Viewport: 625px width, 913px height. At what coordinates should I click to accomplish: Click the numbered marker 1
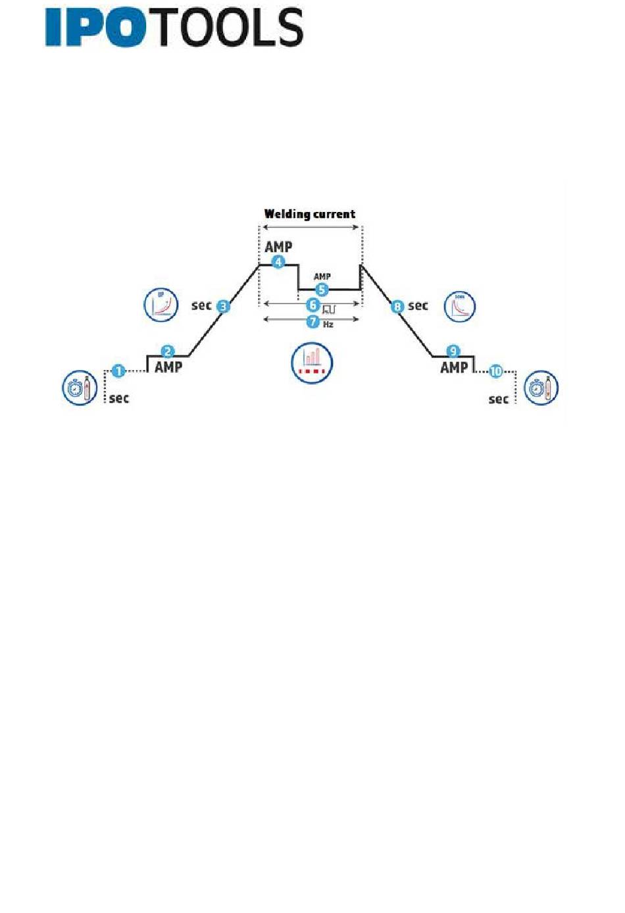[x=118, y=371]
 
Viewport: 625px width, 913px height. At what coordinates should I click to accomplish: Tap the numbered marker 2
[x=168, y=352]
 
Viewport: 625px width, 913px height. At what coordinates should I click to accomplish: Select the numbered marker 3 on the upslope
[x=224, y=306]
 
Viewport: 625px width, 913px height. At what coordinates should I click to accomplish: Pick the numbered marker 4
[x=279, y=262]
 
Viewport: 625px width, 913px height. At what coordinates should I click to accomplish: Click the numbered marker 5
[x=322, y=290]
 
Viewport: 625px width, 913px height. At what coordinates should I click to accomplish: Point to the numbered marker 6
[x=313, y=305]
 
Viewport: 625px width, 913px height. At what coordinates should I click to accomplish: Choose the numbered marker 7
[x=313, y=322]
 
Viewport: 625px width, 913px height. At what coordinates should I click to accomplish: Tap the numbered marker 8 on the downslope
[x=397, y=306]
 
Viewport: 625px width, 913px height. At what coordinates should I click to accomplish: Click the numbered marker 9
[x=453, y=352]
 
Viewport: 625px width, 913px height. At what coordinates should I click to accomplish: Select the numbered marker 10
[x=495, y=371]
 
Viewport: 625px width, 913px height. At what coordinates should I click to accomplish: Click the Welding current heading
[x=309, y=214]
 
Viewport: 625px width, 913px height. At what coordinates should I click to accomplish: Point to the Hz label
[x=328, y=325]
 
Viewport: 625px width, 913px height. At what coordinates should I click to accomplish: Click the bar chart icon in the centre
[x=312, y=363]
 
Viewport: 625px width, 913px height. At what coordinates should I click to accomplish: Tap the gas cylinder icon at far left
[x=80, y=388]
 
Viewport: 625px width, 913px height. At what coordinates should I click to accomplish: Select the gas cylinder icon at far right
[x=541, y=388]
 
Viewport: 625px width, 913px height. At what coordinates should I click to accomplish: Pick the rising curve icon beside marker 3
[x=161, y=305]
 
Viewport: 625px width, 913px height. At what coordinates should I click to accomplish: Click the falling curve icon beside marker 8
[x=459, y=306]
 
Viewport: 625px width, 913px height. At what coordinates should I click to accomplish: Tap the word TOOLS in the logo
[x=230, y=28]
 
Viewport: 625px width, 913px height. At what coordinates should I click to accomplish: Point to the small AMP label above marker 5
[x=322, y=276]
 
